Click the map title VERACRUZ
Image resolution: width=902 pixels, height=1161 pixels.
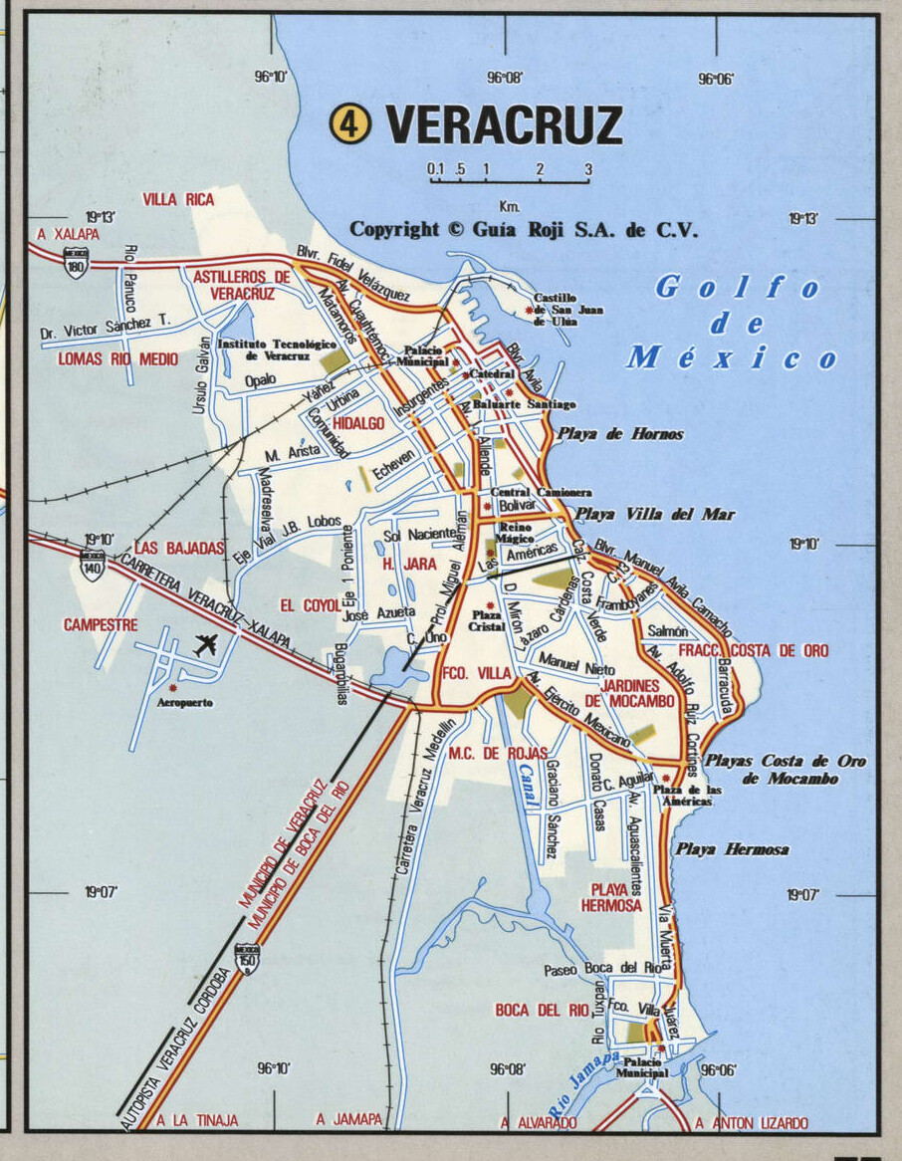[x=504, y=125]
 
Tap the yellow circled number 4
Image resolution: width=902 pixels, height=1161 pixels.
[x=349, y=124]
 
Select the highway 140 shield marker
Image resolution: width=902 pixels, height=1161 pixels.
[x=93, y=566]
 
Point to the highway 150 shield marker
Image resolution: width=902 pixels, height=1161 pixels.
[x=247, y=959]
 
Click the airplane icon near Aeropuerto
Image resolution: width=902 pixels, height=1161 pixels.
[x=205, y=644]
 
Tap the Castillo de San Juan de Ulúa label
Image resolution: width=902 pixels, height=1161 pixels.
[x=567, y=309]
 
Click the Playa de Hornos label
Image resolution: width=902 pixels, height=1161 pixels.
[x=620, y=433]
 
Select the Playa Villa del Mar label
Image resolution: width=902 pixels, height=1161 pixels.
[x=654, y=514]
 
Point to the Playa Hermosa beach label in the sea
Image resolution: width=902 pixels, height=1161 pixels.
[x=732, y=849]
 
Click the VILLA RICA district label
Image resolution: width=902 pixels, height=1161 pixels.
[x=178, y=199]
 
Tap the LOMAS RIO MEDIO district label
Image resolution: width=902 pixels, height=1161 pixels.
[x=117, y=358]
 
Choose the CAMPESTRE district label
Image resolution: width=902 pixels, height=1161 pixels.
[x=101, y=625]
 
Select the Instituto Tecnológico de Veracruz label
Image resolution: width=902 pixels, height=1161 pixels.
[x=264, y=349]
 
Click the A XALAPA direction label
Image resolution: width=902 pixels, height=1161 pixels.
[x=68, y=234]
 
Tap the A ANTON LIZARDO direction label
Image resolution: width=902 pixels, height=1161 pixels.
[x=752, y=1122]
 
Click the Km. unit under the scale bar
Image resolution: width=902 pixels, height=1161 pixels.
[x=510, y=206]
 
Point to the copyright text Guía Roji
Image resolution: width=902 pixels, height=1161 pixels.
[x=524, y=230]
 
